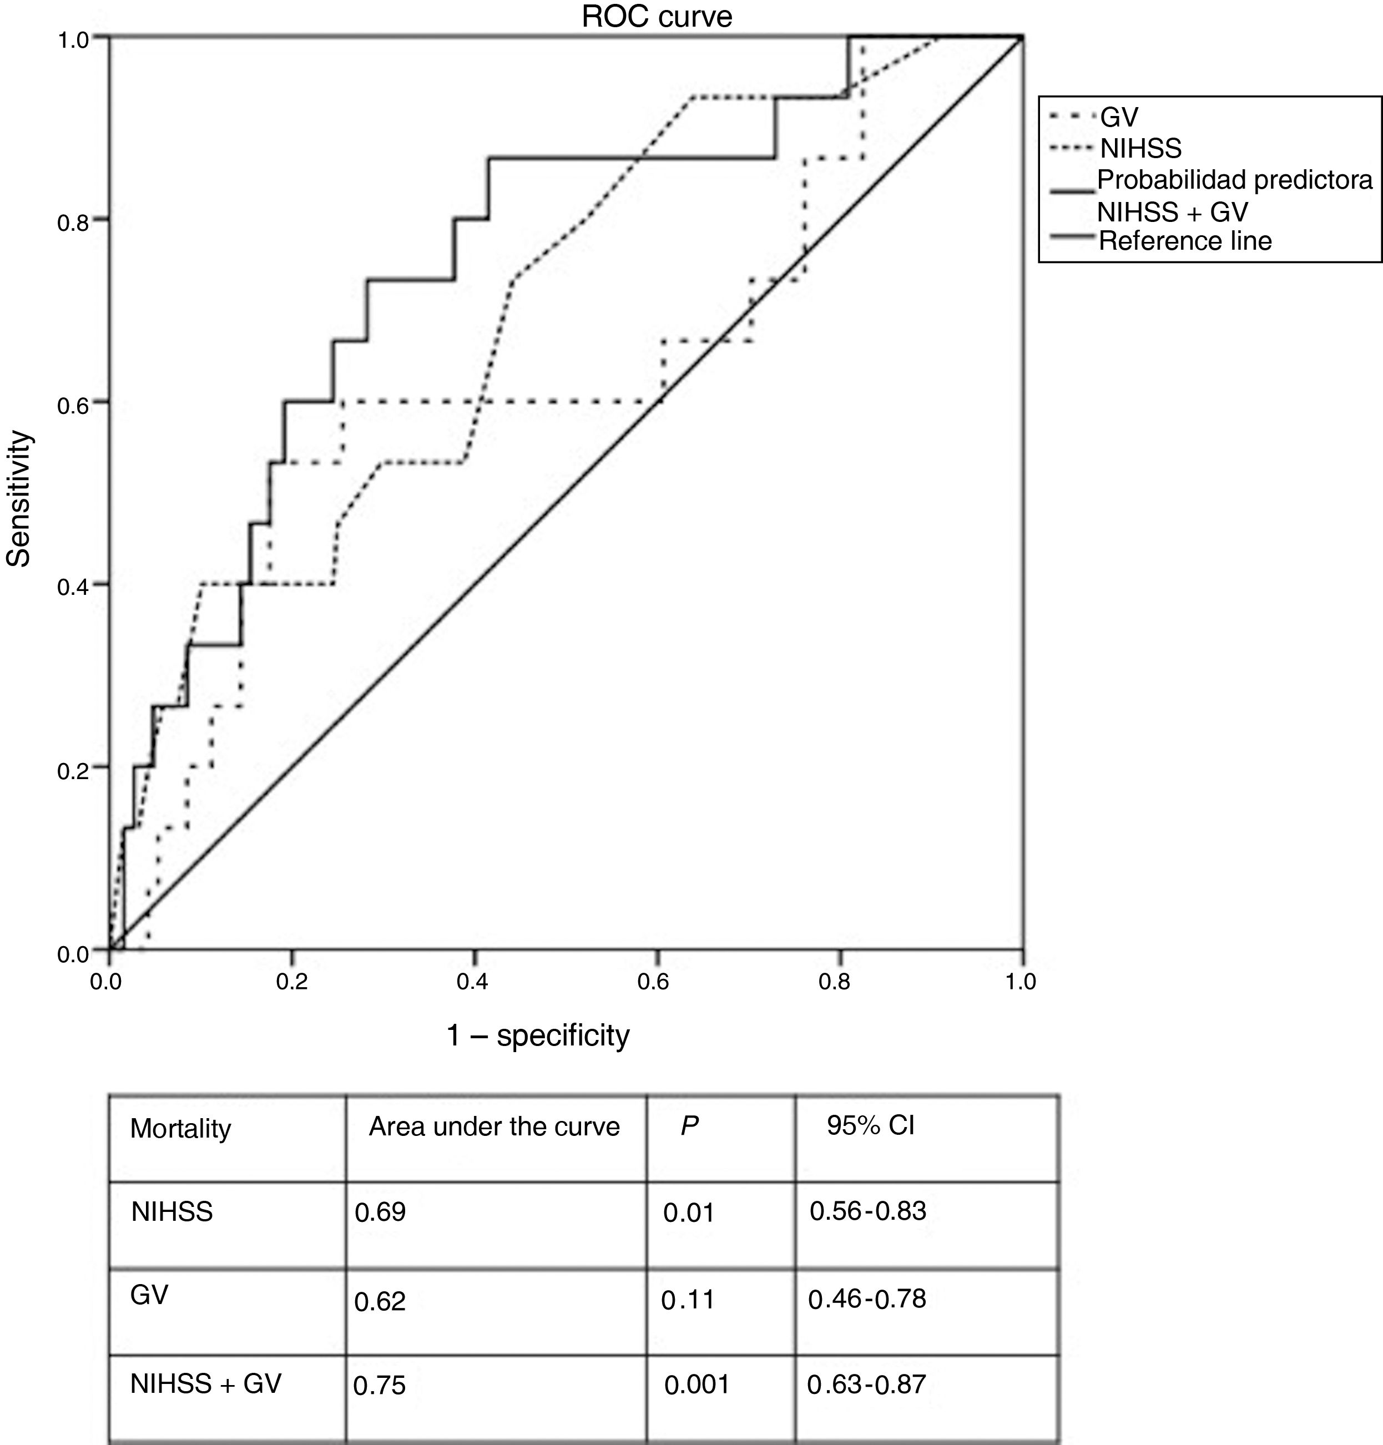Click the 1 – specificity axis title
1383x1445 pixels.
(x=538, y=1035)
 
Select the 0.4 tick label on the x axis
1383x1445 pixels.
(x=472, y=981)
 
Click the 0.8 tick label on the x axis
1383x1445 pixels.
(x=835, y=981)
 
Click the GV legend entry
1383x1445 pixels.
(x=1119, y=117)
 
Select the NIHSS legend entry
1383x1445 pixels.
(x=1140, y=149)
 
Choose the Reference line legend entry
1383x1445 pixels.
(x=1185, y=241)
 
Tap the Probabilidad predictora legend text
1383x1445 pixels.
(x=1235, y=180)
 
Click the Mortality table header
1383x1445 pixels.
(x=180, y=1129)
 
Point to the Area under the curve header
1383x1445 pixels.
(x=494, y=1126)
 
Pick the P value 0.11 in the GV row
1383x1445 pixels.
(x=688, y=1299)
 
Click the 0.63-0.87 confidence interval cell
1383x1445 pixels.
(x=866, y=1385)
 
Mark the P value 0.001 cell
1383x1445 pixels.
(x=696, y=1385)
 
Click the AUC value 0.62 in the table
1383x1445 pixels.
(x=380, y=1301)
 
